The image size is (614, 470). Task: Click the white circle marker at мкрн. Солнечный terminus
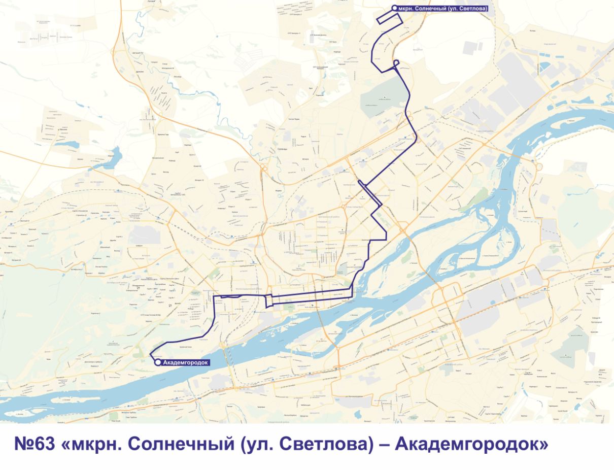point(394,8)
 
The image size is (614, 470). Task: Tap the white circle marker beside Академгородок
point(157,362)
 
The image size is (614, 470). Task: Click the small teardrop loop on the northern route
point(396,63)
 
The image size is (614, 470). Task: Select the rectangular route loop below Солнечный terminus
point(390,18)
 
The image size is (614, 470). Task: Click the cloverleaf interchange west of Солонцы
point(264,167)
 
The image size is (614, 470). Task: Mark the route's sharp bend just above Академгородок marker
point(151,354)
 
